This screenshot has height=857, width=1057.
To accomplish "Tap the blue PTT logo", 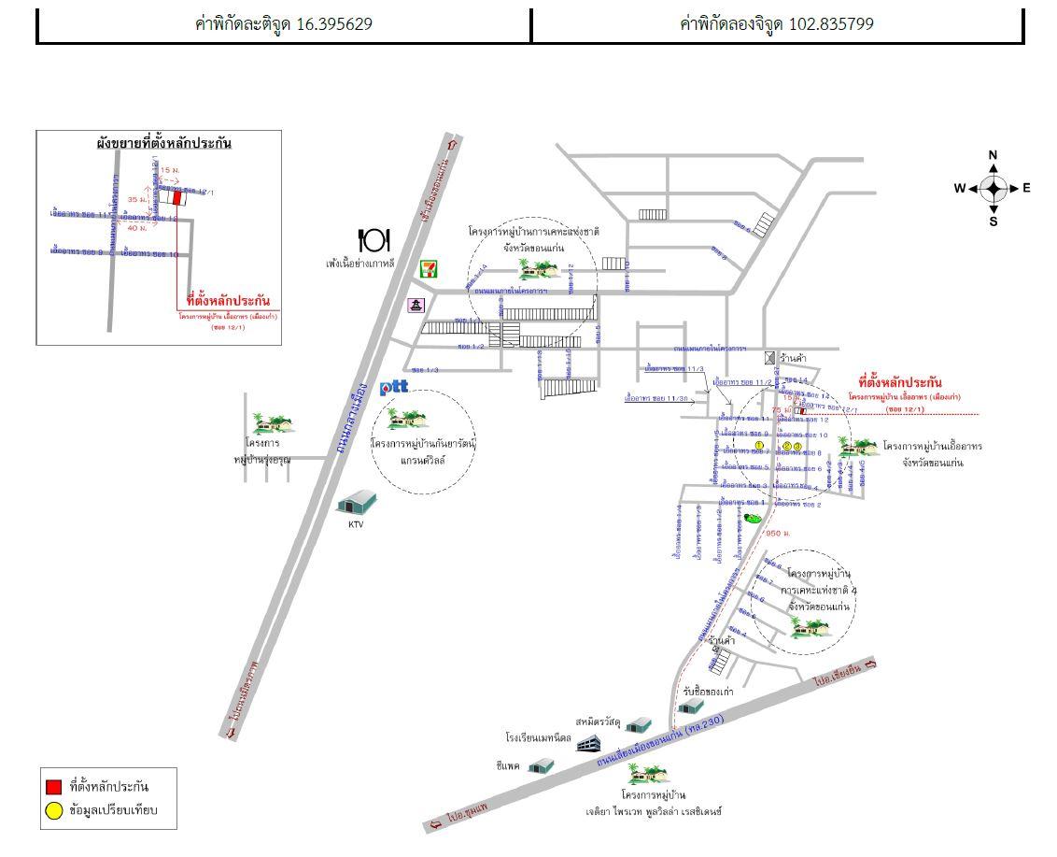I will [x=394, y=387].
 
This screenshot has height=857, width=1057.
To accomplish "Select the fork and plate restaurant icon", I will [x=373, y=241].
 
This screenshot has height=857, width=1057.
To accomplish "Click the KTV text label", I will [x=356, y=524].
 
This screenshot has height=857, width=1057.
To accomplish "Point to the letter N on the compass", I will [x=993, y=155].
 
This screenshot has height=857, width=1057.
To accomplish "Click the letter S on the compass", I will [x=993, y=221].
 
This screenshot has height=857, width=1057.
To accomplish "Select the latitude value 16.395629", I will [x=334, y=24].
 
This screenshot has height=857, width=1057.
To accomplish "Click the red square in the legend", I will [x=54, y=787].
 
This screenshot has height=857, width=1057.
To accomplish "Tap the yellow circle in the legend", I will [x=54, y=810].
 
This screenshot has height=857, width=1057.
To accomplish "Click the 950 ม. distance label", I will [x=778, y=534].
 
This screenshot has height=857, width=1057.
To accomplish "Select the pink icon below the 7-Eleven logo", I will [x=416, y=305].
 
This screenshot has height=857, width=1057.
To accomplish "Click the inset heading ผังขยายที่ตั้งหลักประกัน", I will [x=163, y=143].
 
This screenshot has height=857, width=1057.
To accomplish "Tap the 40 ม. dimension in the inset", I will [x=137, y=228].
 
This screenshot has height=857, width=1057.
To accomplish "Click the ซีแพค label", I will [x=508, y=764].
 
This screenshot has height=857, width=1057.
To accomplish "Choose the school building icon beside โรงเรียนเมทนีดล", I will [x=587, y=743].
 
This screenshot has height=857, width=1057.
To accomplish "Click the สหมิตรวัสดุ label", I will [x=599, y=721].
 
